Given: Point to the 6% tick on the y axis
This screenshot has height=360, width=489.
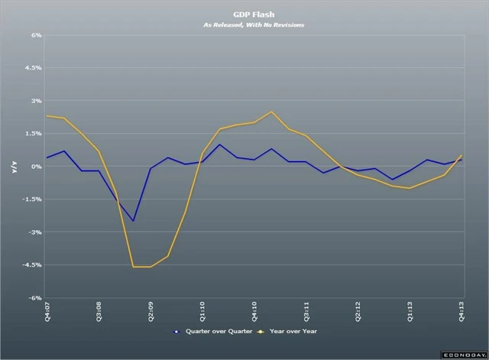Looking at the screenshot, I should click(36, 35).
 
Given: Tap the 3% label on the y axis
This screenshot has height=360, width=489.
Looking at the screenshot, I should click(36, 101).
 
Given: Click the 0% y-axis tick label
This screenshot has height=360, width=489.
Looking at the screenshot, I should click(36, 167).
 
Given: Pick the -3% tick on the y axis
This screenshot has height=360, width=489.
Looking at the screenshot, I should click(35, 232).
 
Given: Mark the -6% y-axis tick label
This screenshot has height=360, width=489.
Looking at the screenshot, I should click(35, 298).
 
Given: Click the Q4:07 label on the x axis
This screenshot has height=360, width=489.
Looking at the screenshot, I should click(47, 311).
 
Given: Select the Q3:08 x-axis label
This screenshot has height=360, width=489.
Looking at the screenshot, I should click(99, 311).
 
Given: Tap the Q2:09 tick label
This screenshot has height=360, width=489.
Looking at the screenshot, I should click(151, 311).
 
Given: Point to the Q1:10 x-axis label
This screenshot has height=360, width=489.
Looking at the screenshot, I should click(202, 311).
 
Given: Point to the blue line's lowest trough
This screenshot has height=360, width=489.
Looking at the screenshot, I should click(134, 221).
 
